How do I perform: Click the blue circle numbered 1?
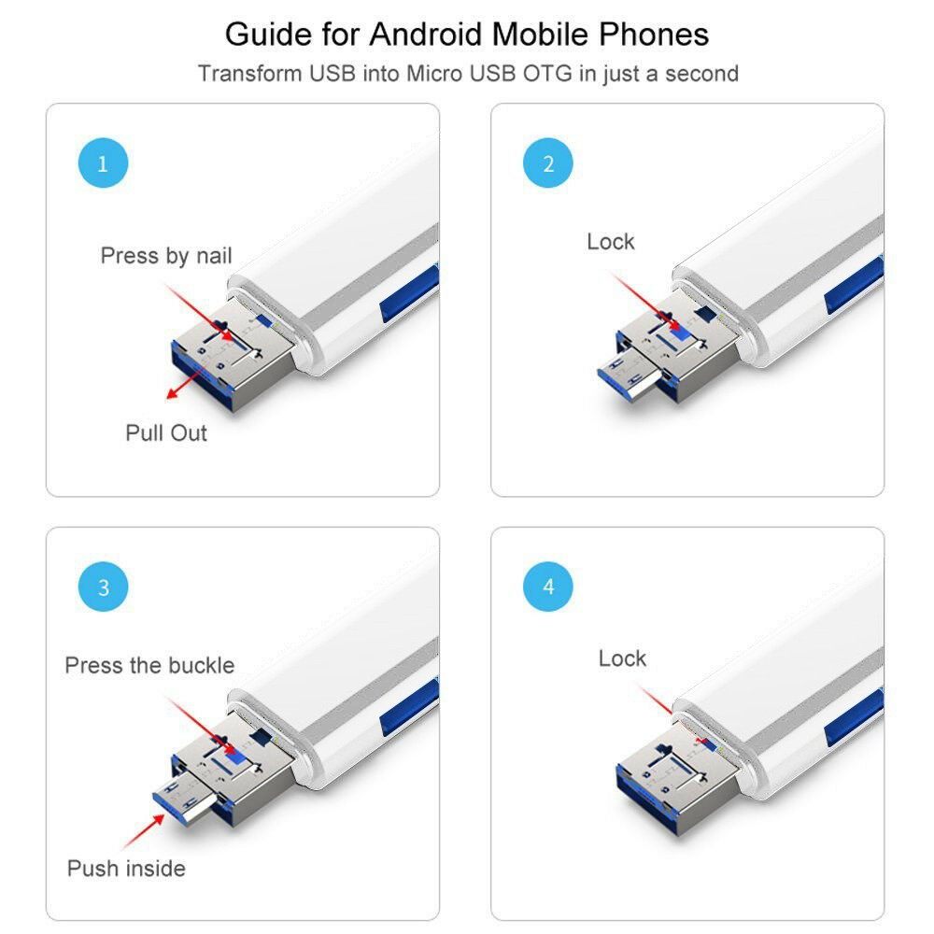point(103,164)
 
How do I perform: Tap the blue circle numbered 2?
point(548,164)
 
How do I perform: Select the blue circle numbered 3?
point(103,587)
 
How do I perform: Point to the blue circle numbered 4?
point(548,587)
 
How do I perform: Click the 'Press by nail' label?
point(166,255)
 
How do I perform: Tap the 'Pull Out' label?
point(166,432)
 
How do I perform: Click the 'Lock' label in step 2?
point(611,242)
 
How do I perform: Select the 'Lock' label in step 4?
point(622,658)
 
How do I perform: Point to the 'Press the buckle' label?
point(149,665)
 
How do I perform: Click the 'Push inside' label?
point(126,868)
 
